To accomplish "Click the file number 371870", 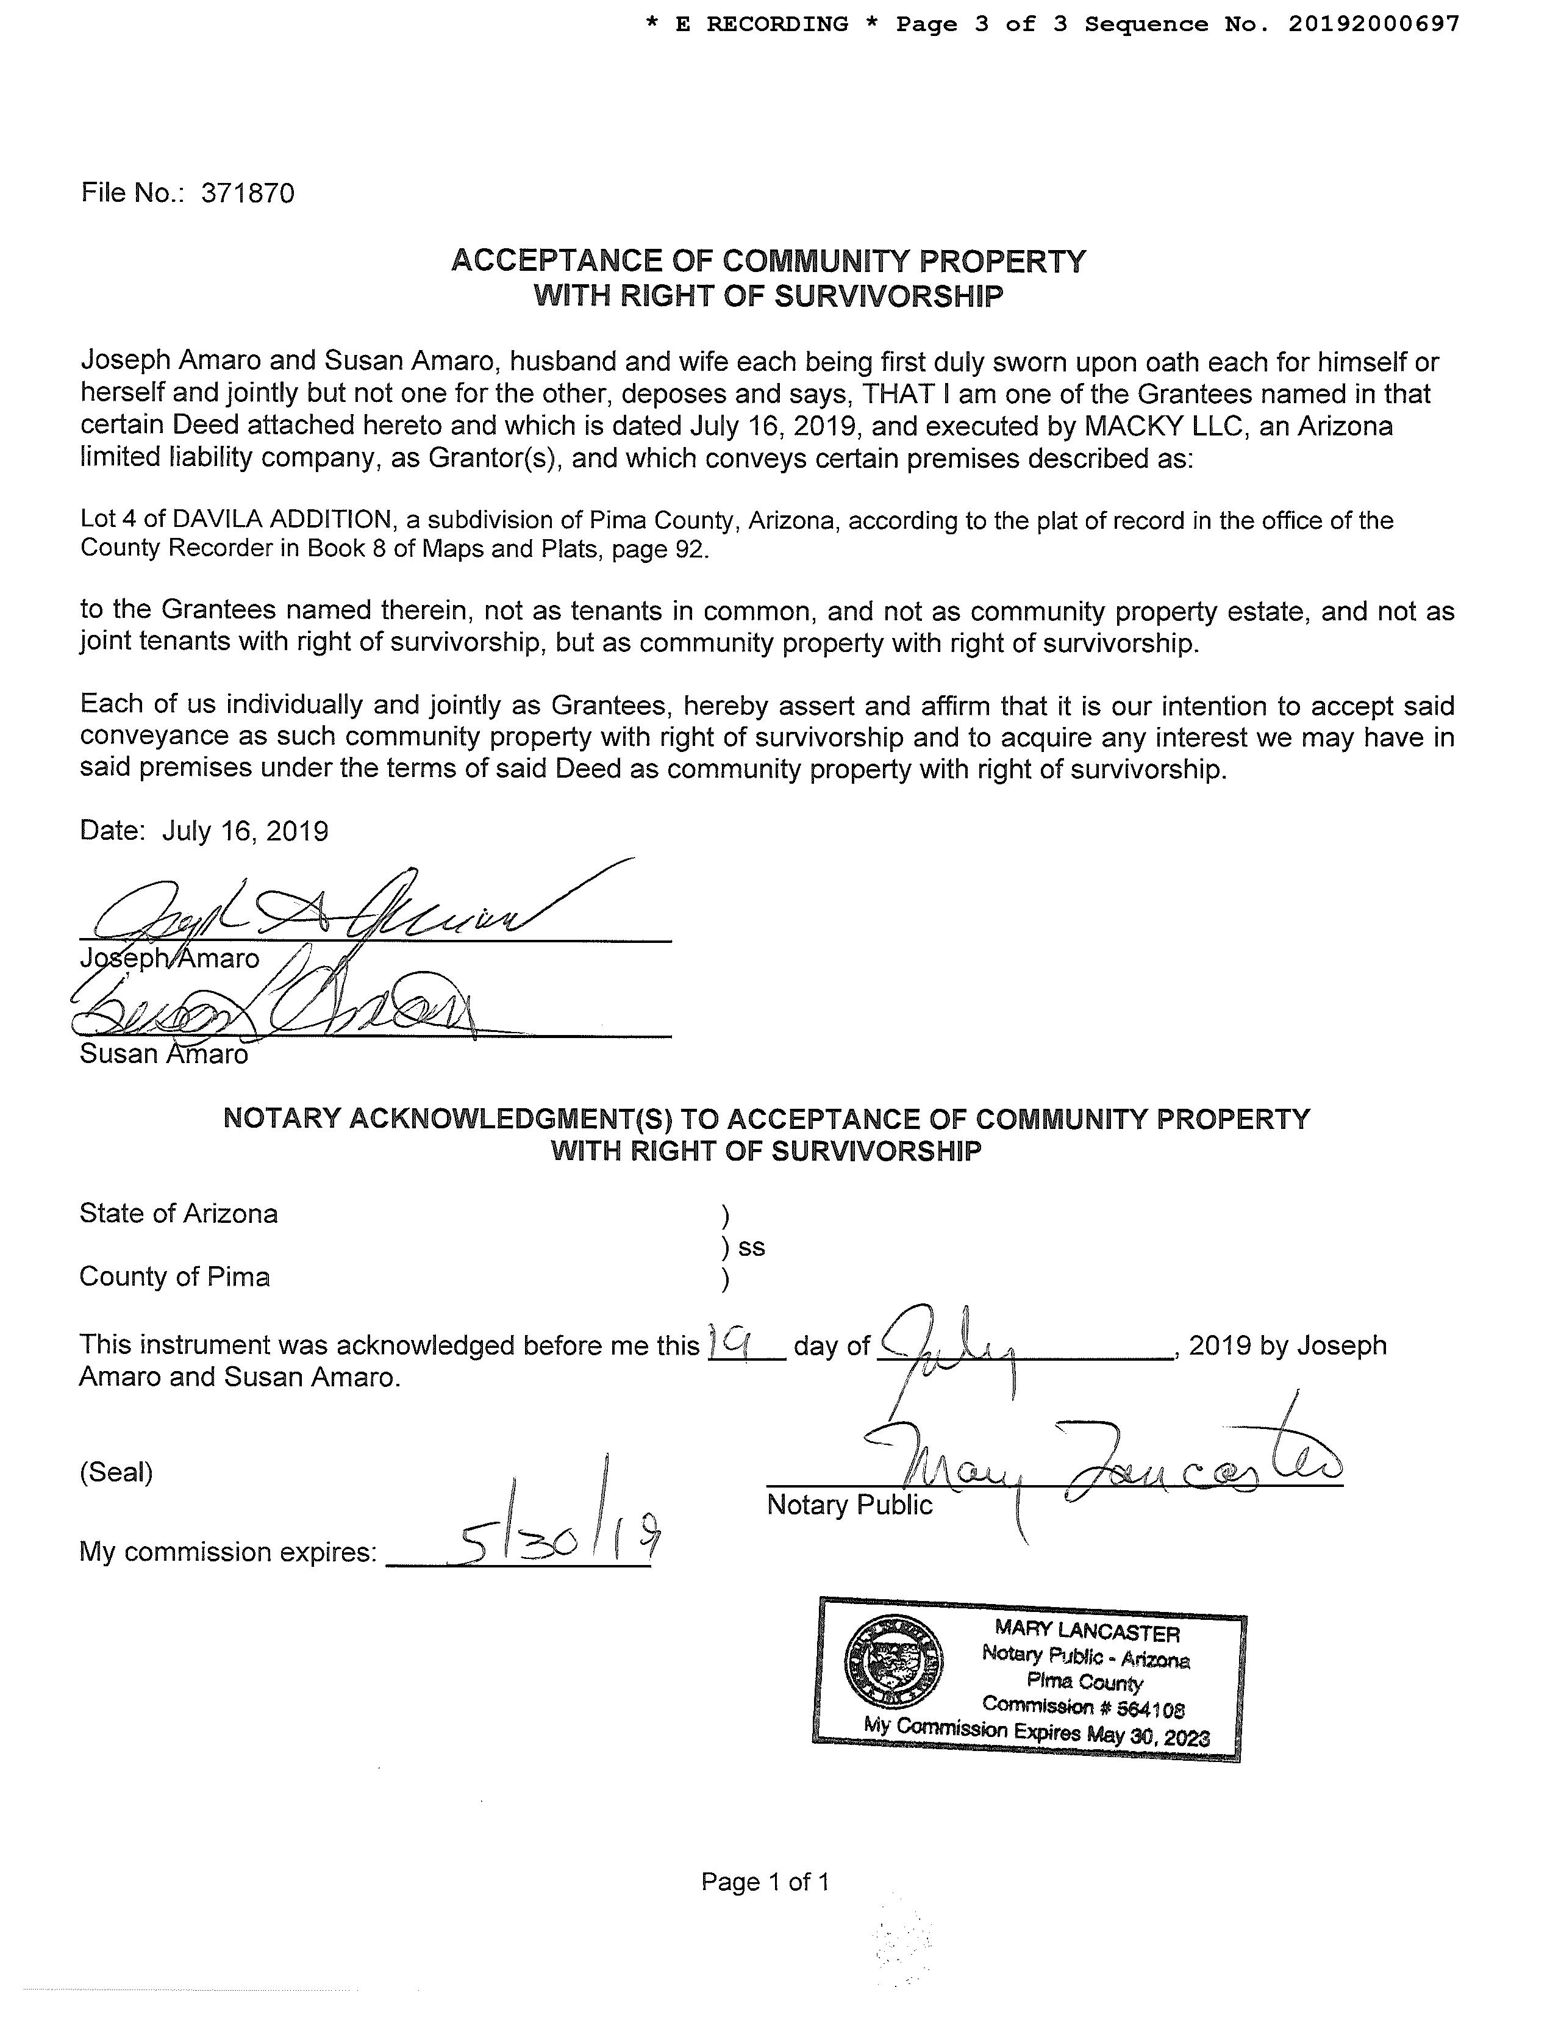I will [247, 193].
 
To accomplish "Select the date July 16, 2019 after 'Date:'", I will [245, 831].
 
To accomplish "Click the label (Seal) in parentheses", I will [116, 1472].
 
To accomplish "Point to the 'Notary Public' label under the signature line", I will [849, 1505].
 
